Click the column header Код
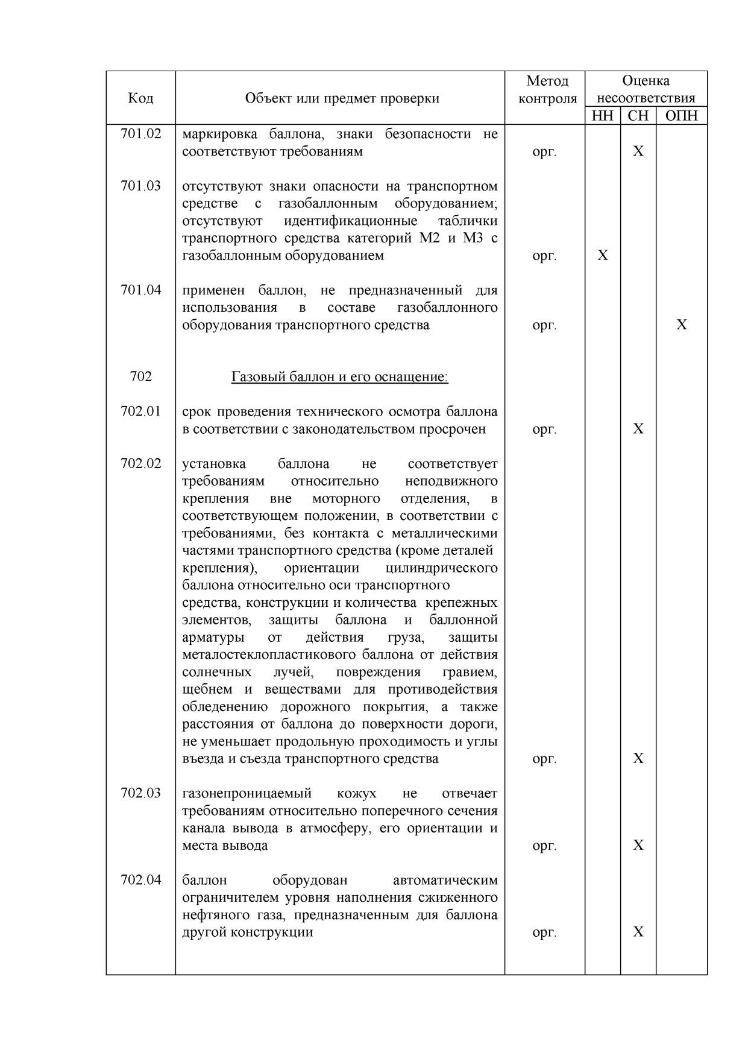coord(140,98)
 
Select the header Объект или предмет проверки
coord(342,98)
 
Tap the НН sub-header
coord(602,116)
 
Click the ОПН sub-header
coord(681,116)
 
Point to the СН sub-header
coord(638,116)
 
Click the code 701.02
coord(141,134)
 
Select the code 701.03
coord(141,186)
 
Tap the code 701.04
coord(141,290)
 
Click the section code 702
coord(141,377)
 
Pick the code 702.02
coord(141,464)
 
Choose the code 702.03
coord(141,793)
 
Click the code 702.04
coord(141,880)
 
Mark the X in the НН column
coord(603,255)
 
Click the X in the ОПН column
coord(682,325)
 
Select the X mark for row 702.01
coord(638,429)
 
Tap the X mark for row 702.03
coord(638,845)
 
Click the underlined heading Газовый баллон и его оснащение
coord(339,377)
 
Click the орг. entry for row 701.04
coord(544,325)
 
